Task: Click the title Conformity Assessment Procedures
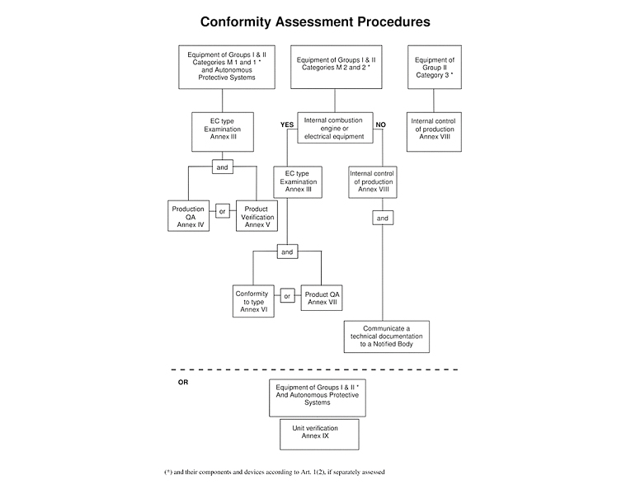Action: click(315, 21)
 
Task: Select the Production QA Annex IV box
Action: click(188, 216)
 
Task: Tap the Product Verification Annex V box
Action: click(257, 216)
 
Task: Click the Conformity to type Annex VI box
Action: click(253, 301)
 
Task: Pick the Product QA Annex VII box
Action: click(322, 298)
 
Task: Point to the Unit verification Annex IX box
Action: click(319, 435)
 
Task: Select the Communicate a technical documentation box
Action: click(387, 336)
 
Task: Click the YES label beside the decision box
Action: click(287, 125)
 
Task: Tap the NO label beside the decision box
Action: click(381, 125)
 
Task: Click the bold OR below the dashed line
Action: click(183, 382)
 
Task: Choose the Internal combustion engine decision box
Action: click(335, 128)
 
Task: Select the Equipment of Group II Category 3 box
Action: click(435, 67)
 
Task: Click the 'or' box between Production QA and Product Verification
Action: click(223, 211)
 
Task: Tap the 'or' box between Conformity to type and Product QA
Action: click(287, 296)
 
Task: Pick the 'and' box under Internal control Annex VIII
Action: click(383, 218)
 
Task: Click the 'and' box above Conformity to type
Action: click(287, 252)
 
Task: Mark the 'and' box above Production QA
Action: click(223, 167)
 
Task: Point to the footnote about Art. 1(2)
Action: click(275, 472)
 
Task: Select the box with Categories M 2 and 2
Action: click(337, 67)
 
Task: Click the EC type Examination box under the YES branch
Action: click(298, 181)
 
